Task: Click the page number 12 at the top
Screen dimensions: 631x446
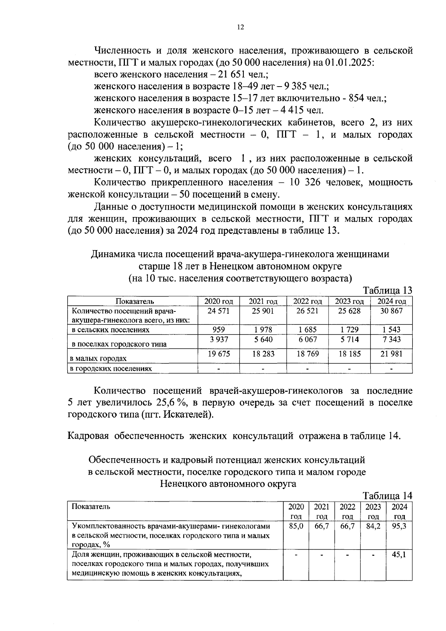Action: pos(240,27)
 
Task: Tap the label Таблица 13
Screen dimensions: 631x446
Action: pos(387,290)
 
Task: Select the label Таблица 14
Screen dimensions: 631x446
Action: pos(387,495)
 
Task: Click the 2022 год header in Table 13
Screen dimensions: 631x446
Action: pos(307,301)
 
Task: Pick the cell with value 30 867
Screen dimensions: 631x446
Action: pos(391,311)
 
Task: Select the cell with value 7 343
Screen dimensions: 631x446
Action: pos(391,339)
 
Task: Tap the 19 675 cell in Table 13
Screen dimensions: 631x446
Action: pos(218,354)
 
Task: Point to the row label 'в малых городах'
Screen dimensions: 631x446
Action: pos(98,359)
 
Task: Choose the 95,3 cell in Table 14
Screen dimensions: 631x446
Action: pos(399,527)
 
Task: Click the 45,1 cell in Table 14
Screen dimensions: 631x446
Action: pos(399,555)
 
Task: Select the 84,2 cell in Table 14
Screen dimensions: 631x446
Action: pos(373,527)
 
